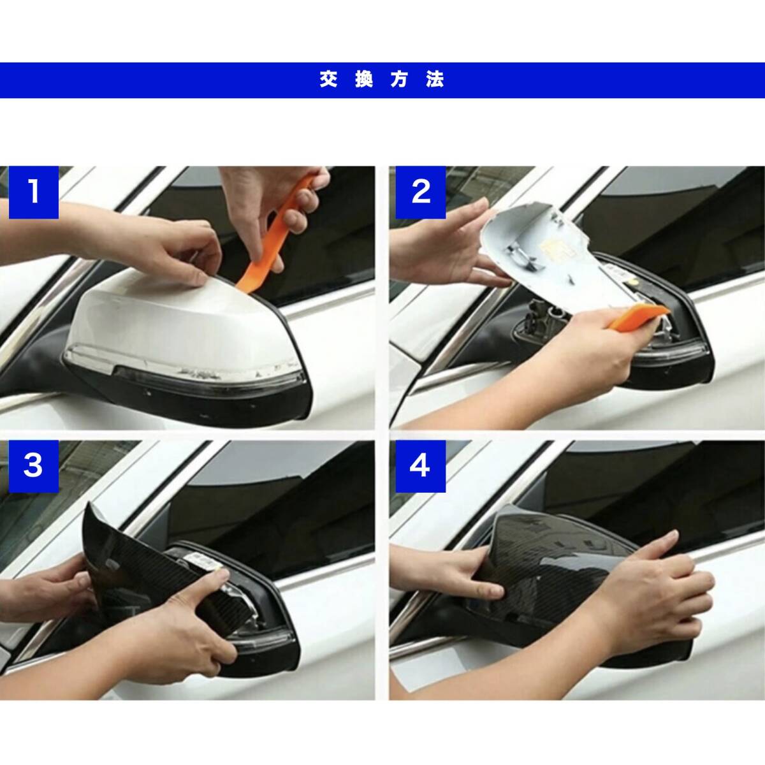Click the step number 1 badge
[x=34, y=192]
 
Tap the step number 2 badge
[x=420, y=192]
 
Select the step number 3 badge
[x=34, y=466]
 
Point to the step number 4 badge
[x=420, y=466]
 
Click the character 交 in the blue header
[x=329, y=80]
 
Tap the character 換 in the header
[x=364, y=80]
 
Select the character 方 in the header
[x=399, y=80]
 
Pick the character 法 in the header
[x=435, y=80]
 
